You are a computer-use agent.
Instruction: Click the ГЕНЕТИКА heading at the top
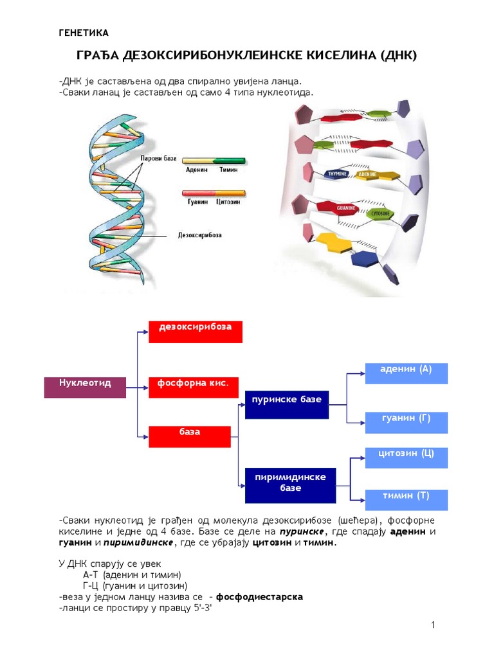point(84,33)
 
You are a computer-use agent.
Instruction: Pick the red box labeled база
point(190,436)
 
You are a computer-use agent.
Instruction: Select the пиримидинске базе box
point(291,486)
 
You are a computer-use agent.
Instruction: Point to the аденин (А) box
point(407,373)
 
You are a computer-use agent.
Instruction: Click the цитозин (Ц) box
point(407,458)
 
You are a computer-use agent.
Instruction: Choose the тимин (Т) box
point(407,500)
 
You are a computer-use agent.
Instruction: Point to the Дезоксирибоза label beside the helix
point(199,235)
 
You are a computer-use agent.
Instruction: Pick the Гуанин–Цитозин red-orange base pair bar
point(214,192)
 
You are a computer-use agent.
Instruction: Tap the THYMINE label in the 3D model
point(338,174)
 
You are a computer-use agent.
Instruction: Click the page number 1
point(434,625)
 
